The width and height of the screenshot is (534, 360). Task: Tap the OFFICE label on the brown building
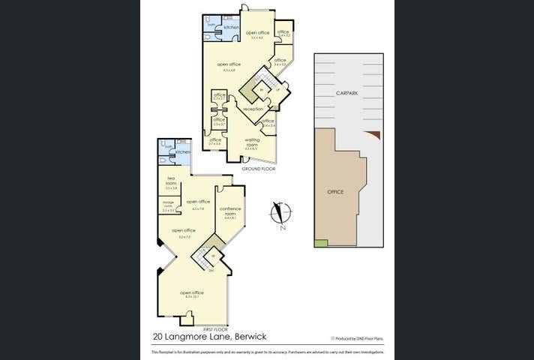tap(335, 192)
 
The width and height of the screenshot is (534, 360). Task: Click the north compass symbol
tap(282, 214)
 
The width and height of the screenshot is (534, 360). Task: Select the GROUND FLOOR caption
tap(259, 169)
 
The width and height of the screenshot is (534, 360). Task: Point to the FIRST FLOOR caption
tap(216, 329)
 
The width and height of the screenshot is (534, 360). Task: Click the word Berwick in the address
tap(252, 337)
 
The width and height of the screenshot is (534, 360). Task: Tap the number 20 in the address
tap(159, 337)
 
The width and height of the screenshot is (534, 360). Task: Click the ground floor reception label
tap(253, 109)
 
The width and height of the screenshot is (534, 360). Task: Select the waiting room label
tap(252, 142)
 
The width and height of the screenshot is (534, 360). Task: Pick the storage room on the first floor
tap(168, 205)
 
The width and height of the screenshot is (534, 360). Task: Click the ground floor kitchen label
tap(231, 28)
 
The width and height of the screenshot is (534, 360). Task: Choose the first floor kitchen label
tap(182, 152)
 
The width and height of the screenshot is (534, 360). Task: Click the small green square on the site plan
tap(321, 242)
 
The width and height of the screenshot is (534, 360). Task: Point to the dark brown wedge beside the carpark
tap(377, 135)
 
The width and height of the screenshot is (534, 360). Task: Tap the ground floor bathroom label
tap(211, 25)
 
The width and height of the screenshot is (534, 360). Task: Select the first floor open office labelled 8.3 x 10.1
tap(192, 293)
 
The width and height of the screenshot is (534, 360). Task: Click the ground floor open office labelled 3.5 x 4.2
tap(258, 34)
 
